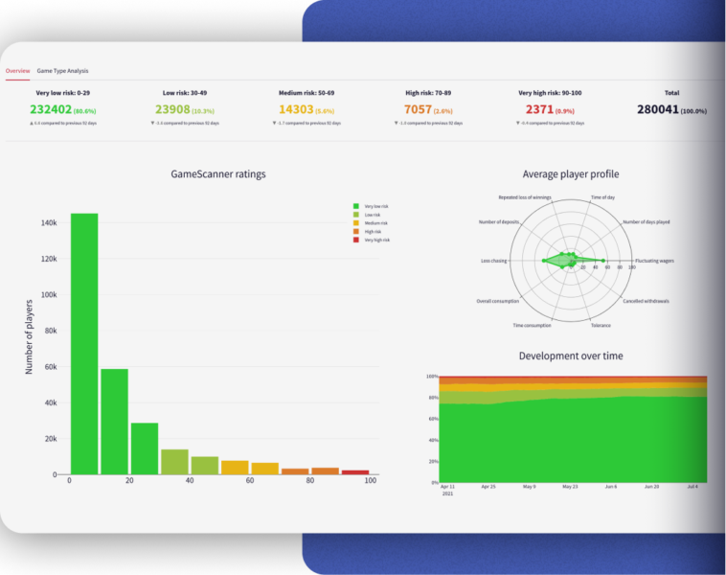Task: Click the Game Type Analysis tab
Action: [x=62, y=71]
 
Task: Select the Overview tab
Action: [x=17, y=71]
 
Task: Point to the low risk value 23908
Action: [x=178, y=110]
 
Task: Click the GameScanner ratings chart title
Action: [x=218, y=174]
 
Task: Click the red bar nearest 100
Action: [x=355, y=471]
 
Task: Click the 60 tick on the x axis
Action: [x=249, y=481]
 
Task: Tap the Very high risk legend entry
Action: [x=378, y=241]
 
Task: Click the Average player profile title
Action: [x=570, y=174]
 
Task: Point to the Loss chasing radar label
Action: [x=494, y=261]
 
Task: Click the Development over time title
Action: [x=570, y=356]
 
